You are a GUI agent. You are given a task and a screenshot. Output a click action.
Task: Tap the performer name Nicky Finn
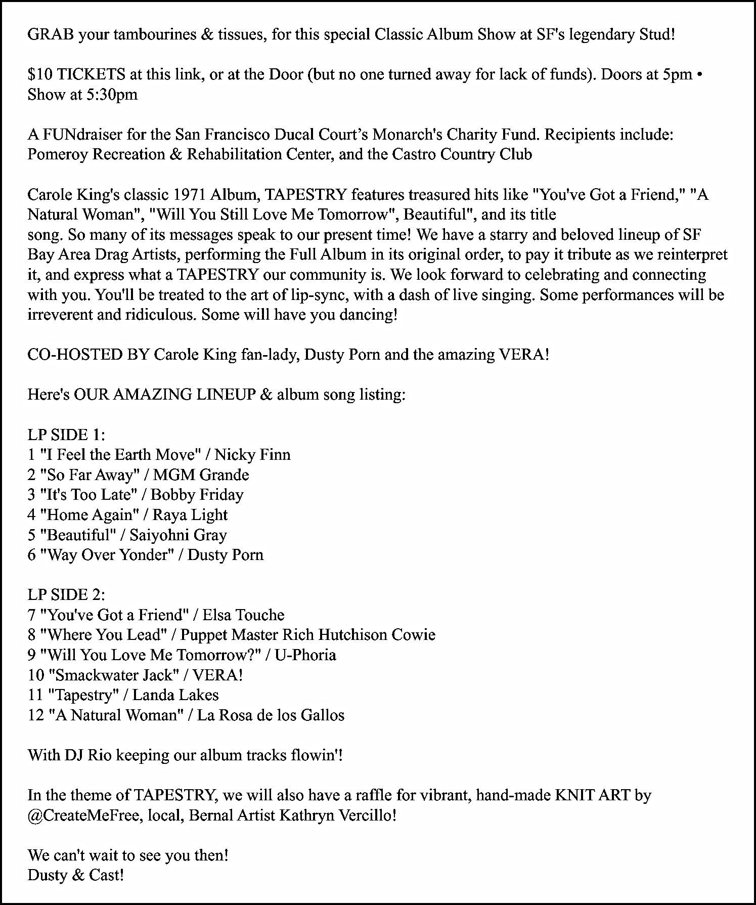[x=252, y=454]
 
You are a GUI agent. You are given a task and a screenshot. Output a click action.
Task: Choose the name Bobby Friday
[x=197, y=494]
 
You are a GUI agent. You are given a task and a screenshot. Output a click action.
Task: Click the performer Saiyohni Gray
[x=178, y=535]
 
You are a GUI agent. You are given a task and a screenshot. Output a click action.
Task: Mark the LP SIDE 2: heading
[x=66, y=594]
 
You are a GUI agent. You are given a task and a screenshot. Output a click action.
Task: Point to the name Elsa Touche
[x=243, y=615]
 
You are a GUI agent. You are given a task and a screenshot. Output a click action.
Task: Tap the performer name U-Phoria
[x=305, y=655]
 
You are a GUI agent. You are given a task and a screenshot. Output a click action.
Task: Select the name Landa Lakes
[x=175, y=695]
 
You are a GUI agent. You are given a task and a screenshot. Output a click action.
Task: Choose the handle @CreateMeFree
[x=83, y=815]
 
